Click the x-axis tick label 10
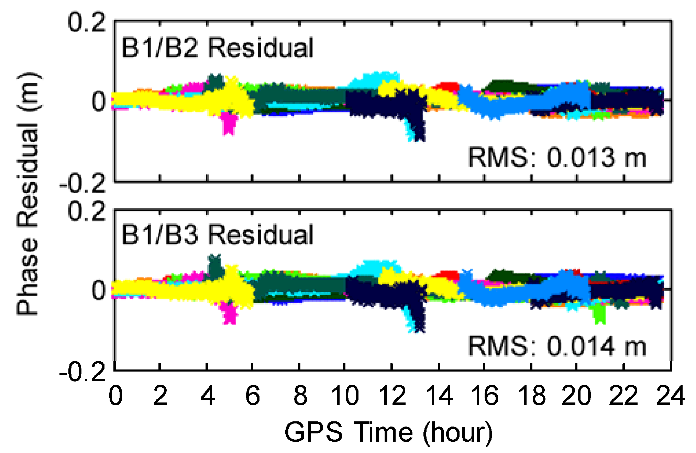pyautogui.click(x=345, y=396)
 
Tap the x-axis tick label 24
pyautogui.click(x=670, y=396)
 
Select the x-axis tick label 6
pyautogui.click(x=253, y=396)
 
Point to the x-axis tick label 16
pyautogui.click(x=484, y=396)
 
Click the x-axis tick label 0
pyautogui.click(x=115, y=396)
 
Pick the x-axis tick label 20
pyautogui.click(x=576, y=396)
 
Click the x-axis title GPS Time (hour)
pyautogui.click(x=388, y=432)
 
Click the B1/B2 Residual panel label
pyautogui.click(x=217, y=48)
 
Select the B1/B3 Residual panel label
pyautogui.click(x=217, y=235)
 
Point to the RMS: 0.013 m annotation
pyautogui.click(x=557, y=158)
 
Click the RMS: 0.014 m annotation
pyautogui.click(x=557, y=346)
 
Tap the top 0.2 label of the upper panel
pyautogui.click(x=87, y=23)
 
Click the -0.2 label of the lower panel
pyautogui.click(x=82, y=372)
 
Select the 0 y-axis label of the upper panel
pyautogui.click(x=99, y=102)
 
